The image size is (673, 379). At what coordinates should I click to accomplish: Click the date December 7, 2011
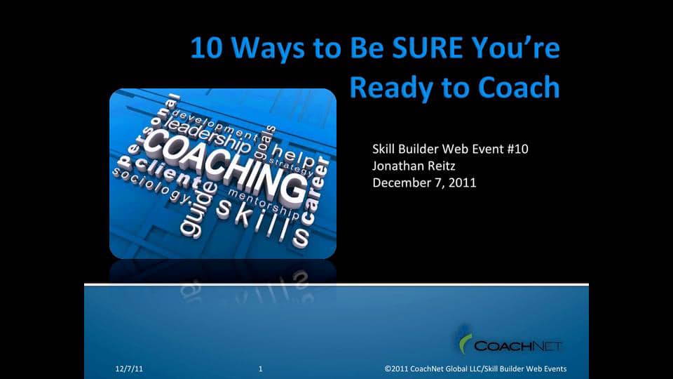pos(424,182)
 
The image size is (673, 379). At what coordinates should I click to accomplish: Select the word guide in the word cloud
pos(193,213)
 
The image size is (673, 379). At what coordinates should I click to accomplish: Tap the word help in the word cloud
pos(293,152)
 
